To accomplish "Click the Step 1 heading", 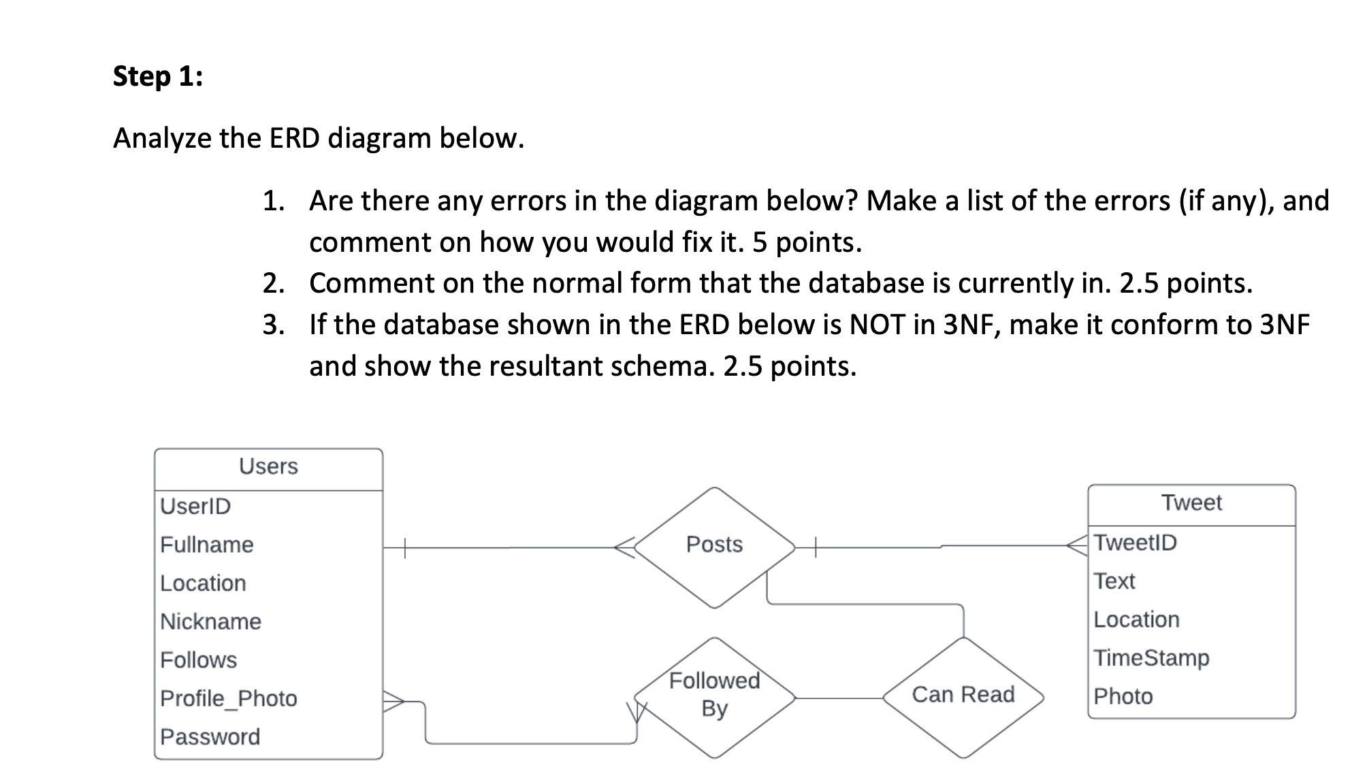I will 157,76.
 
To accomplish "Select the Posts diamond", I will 714,545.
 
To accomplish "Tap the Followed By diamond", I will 714,695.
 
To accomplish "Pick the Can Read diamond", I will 963,695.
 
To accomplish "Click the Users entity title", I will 268,467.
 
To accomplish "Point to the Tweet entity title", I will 1191,503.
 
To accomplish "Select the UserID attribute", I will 195,506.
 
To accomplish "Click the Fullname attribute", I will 206,545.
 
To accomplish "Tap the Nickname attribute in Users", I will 210,622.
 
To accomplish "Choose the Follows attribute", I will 198,660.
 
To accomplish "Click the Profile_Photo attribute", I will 228,699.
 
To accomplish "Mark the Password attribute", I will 210,737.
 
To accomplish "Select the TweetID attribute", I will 1135,543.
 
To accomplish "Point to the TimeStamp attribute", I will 1151,658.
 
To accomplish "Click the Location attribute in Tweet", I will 1136,620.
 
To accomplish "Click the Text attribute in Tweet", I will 1114,582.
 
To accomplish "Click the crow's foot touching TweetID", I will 1078,545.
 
